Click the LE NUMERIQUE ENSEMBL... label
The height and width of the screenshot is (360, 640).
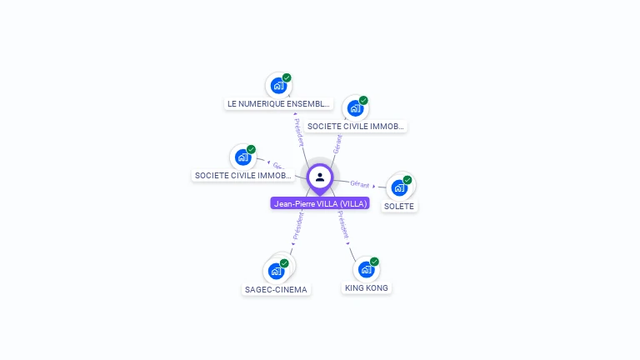pos(279,104)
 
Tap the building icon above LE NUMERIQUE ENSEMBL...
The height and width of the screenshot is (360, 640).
pos(278,86)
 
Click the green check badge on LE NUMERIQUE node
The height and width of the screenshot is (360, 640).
pos(287,77)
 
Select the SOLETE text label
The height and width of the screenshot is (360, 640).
pos(399,206)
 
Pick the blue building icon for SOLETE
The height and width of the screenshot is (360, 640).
pos(399,187)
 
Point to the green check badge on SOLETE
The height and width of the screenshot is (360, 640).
pos(407,180)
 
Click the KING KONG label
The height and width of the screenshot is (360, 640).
pos(367,287)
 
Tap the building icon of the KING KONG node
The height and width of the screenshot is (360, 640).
pos(365,269)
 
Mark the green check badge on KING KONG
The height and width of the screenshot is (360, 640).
pos(374,262)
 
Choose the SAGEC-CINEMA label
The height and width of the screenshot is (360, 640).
pos(276,290)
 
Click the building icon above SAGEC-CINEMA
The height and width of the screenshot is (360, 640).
pos(276,271)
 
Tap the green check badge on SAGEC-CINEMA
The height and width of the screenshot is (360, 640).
pos(284,263)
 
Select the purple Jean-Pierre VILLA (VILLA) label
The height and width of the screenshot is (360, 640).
pos(320,203)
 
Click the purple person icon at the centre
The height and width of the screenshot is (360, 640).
pos(320,177)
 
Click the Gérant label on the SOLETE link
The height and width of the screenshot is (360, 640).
pos(360,183)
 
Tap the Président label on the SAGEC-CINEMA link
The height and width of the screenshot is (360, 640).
pos(298,226)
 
